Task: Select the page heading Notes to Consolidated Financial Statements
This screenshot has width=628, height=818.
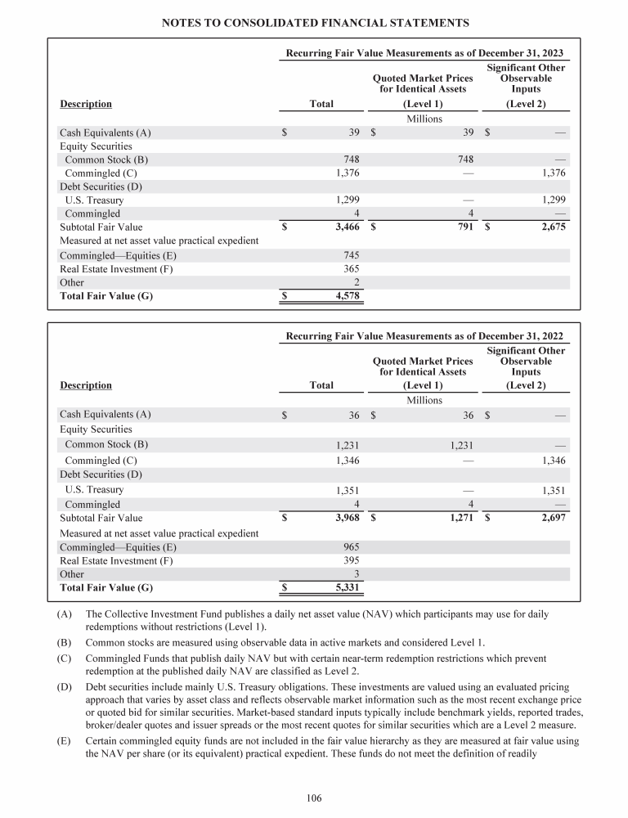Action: [x=314, y=21]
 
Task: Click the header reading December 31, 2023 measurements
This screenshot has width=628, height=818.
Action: [x=424, y=53]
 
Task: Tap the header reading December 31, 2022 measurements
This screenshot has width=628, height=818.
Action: [x=424, y=336]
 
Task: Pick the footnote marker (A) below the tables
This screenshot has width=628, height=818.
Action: [x=67, y=613]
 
